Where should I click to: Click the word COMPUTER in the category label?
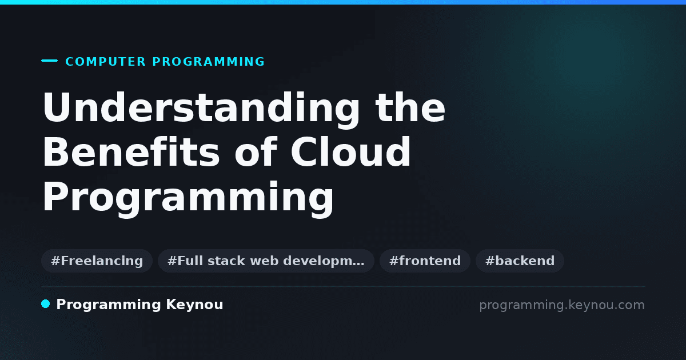click(105, 62)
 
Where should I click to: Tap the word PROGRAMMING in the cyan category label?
click(208, 62)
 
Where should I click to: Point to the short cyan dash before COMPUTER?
click(49, 61)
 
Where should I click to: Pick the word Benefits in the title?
click(131, 152)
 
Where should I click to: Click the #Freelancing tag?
click(97, 261)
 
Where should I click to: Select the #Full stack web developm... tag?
click(266, 261)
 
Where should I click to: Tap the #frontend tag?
click(425, 261)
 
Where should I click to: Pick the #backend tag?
click(520, 261)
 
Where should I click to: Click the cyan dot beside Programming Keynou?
click(46, 304)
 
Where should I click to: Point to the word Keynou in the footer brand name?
click(194, 305)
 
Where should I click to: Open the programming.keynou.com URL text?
click(562, 306)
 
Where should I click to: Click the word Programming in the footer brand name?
click(109, 305)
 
